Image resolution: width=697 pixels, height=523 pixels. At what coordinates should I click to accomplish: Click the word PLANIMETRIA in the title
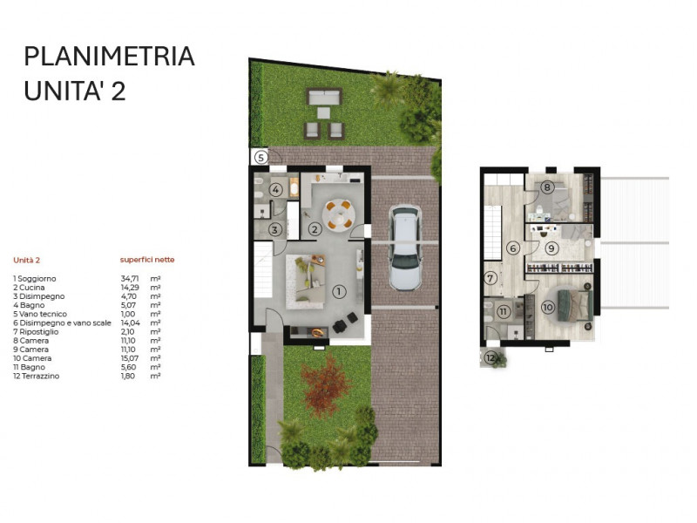(109, 57)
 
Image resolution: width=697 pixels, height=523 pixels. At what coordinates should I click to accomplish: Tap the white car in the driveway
(405, 248)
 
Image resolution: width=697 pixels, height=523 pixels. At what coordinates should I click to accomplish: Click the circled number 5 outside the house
(261, 157)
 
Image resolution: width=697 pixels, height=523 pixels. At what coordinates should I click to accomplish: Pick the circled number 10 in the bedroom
(547, 307)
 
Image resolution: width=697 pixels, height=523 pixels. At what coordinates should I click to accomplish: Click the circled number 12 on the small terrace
(491, 358)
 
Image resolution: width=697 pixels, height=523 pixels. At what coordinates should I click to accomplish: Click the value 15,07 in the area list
(130, 358)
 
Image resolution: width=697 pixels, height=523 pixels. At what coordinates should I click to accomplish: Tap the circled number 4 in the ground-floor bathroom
(274, 189)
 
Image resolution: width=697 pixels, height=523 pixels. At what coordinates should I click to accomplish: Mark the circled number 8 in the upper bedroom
(547, 187)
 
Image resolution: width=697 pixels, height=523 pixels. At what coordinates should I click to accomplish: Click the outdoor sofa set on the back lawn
(323, 113)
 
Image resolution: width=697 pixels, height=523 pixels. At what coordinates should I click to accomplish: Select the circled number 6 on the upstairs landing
(513, 248)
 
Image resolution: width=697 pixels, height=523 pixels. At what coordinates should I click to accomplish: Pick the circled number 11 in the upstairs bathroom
(504, 309)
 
